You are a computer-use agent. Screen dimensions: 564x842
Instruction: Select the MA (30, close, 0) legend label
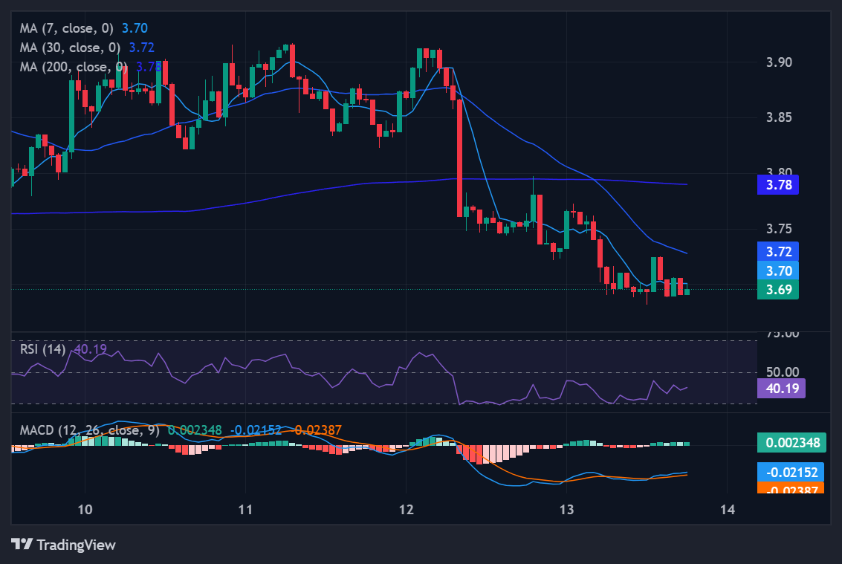coord(71,48)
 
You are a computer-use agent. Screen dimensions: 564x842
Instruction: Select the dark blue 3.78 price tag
coord(777,184)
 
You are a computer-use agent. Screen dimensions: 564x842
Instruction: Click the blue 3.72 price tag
coord(777,251)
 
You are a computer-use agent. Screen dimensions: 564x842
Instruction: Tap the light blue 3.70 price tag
coord(777,270)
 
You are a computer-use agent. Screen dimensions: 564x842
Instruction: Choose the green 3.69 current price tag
coord(777,290)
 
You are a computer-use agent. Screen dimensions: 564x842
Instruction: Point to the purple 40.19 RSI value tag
coord(780,388)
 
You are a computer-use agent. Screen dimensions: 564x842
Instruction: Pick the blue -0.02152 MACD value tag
coord(790,472)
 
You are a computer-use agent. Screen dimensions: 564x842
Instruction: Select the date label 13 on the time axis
coord(567,509)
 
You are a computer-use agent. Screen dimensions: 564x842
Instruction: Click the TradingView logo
coord(64,545)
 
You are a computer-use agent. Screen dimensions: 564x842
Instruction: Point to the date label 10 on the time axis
coord(85,509)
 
